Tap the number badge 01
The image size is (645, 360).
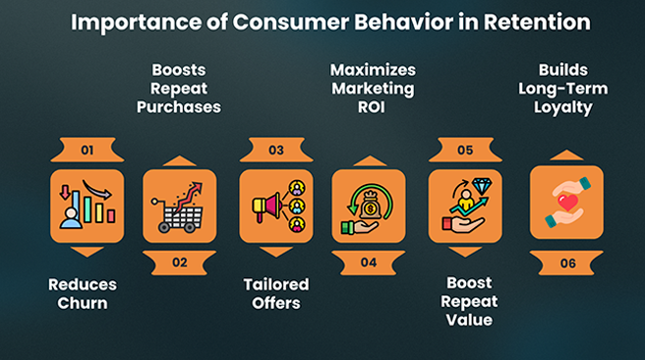(x=87, y=150)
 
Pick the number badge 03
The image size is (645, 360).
(x=276, y=150)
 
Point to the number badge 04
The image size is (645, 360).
(x=368, y=263)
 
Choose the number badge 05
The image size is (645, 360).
(x=465, y=150)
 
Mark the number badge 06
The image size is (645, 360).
(x=565, y=263)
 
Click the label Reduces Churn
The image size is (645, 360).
(x=83, y=294)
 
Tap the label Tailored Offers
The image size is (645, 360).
(x=276, y=294)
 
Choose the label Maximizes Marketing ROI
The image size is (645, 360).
(x=373, y=88)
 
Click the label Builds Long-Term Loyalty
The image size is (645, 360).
(x=564, y=88)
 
